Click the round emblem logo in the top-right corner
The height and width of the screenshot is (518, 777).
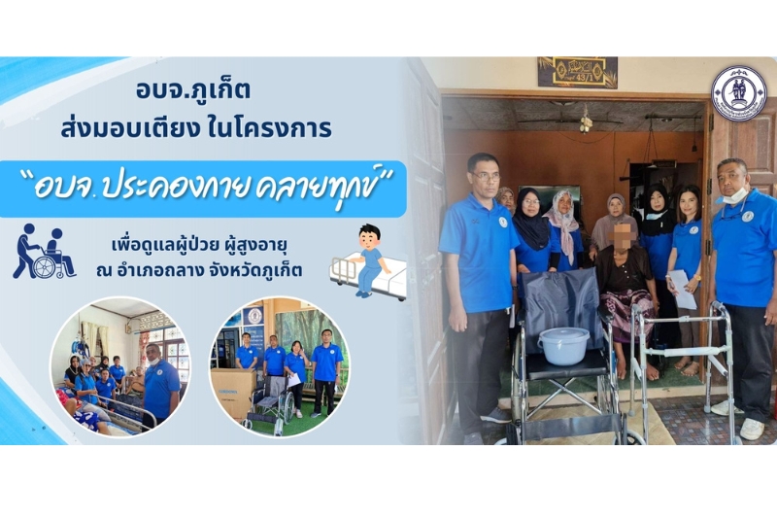tap(739, 92)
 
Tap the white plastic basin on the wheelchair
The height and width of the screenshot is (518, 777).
tap(563, 346)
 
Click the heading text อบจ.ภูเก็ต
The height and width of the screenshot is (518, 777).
tap(193, 90)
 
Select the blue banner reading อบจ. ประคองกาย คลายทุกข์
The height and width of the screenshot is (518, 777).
tap(203, 189)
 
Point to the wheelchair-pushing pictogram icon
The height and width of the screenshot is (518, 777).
tap(45, 251)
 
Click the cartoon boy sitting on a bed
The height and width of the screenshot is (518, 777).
tap(368, 261)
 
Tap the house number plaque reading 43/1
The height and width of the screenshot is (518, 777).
tap(578, 72)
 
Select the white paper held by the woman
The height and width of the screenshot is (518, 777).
tap(682, 289)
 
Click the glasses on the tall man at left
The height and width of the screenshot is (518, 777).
tap(487, 176)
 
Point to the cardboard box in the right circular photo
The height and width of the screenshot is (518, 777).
tap(232, 393)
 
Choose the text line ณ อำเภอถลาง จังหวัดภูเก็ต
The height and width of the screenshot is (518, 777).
tap(199, 270)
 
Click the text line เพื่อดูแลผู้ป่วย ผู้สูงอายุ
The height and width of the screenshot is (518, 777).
tap(200, 245)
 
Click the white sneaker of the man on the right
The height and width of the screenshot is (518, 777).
tap(751, 429)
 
